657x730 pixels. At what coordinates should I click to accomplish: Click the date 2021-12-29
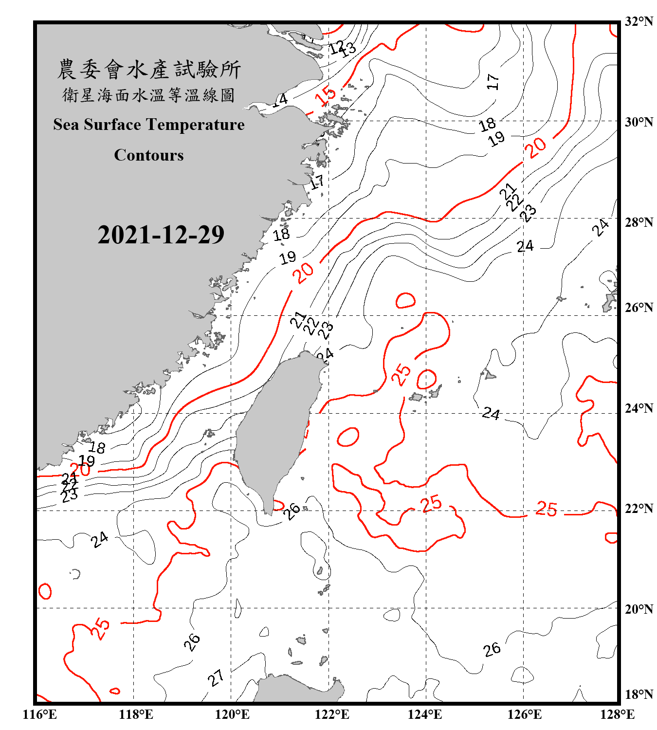pos(161,235)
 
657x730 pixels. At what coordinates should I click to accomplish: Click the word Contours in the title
pos(149,155)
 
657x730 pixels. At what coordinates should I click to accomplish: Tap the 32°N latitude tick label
pos(639,21)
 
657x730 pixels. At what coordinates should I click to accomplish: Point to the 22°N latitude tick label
pos(639,509)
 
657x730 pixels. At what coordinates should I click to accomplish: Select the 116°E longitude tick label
pos(40,714)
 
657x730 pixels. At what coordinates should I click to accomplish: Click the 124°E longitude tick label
pos(425,714)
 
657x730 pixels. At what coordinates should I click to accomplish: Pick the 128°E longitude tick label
pos(617,714)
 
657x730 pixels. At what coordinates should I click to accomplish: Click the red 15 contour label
pos(326,95)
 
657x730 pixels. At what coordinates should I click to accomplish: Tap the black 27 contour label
pos(216,677)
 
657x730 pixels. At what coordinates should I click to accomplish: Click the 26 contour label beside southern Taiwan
pos(292,511)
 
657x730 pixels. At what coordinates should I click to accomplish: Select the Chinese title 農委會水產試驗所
pos(149,70)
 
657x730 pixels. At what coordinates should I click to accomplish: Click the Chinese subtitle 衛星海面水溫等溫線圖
pos(149,95)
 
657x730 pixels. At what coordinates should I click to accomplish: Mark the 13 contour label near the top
pos(348,50)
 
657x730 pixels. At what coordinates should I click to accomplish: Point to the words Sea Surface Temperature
pos(149,125)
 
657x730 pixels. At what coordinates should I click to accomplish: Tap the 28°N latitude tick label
pos(639,222)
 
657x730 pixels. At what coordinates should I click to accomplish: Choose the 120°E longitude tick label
pos(232,714)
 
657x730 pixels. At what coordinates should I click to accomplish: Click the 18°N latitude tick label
pos(639,694)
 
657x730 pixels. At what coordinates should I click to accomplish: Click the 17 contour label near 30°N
pos(493,81)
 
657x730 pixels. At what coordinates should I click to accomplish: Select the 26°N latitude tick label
pos(639,308)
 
